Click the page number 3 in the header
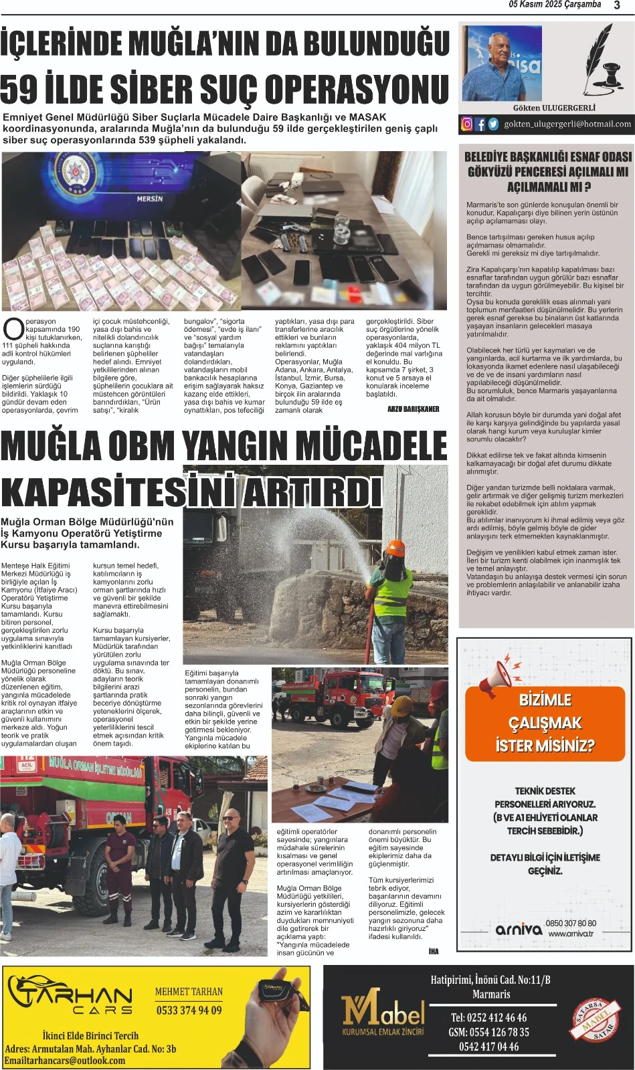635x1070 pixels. coord(617,5)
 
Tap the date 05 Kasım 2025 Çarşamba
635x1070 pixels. coord(555,5)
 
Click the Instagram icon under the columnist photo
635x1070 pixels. coord(467,124)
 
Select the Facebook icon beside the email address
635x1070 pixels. coord(480,124)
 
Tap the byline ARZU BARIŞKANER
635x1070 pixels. coord(414,409)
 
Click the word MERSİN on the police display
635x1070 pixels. coord(150,199)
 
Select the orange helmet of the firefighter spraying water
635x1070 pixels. coord(397,548)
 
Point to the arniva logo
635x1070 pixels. coord(519,929)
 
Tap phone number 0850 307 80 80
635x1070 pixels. coord(571,924)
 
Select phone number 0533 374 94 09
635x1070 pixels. coord(189,1010)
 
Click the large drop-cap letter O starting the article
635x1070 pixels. coord(13,329)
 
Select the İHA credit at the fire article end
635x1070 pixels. coord(434,951)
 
